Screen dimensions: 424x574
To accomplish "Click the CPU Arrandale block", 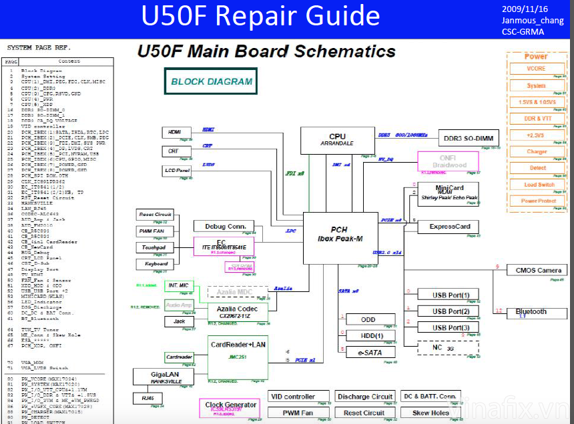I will coord(337,140).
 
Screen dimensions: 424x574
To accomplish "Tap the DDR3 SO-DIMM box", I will coord(469,138).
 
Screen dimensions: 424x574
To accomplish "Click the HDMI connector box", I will coord(176,132).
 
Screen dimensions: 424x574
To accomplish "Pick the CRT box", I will coord(174,151).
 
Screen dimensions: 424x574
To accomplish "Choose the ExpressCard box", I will coord(449,227).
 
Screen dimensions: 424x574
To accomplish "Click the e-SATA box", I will coord(369,352).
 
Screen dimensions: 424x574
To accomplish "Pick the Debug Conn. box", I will coord(224,226).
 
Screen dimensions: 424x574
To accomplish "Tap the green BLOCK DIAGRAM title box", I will coord(212,82).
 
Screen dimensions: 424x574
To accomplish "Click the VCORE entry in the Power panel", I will coord(536,68).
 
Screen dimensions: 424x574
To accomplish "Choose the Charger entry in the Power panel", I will coord(537,151).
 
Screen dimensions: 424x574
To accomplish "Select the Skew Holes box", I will coord(431,413).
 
